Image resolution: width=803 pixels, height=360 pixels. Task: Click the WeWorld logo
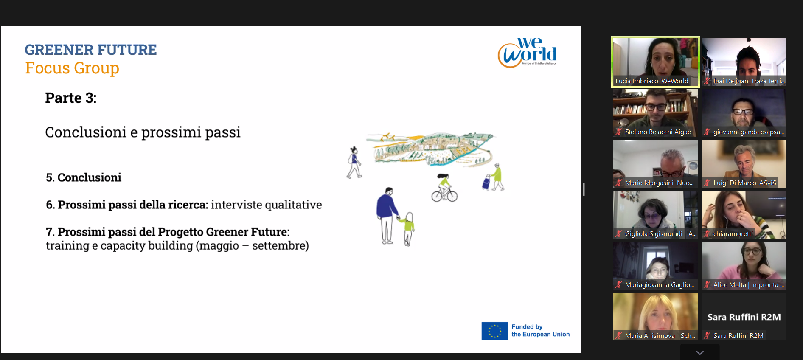click(527, 53)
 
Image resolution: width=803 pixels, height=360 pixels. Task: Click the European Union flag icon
click(494, 331)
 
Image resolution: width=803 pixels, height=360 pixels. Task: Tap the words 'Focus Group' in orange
click(72, 68)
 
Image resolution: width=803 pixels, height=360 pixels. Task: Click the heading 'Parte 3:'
click(71, 98)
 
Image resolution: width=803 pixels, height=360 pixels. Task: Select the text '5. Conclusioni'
click(84, 177)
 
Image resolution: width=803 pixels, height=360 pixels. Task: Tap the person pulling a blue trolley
click(494, 177)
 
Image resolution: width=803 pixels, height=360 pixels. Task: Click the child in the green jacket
click(407, 228)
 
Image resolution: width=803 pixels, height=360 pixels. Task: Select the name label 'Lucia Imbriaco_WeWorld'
click(652, 81)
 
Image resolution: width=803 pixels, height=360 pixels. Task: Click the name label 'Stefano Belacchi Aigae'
click(658, 132)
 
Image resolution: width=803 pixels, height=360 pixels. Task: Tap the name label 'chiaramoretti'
click(733, 234)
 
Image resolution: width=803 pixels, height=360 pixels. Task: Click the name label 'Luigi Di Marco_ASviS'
click(744, 183)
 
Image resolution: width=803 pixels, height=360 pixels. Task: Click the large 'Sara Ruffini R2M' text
click(744, 317)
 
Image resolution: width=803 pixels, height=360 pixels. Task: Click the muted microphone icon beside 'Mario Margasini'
click(619, 183)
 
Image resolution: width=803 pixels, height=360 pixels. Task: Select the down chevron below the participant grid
click(700, 353)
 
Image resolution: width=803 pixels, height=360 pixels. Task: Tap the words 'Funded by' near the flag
click(527, 327)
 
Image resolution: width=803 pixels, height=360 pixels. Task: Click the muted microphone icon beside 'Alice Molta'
click(707, 285)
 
